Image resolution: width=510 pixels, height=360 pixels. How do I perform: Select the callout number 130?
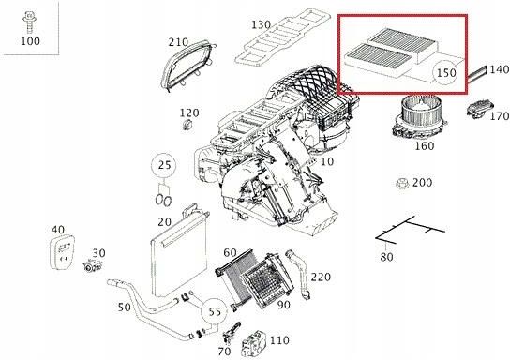coord(261,24)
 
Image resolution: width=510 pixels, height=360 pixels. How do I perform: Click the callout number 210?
coord(178,42)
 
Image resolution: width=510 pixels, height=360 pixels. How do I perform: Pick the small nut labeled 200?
coord(400,183)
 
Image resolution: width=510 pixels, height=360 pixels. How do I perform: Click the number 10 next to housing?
coord(327,162)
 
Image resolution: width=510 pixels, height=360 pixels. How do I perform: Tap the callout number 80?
coord(385,255)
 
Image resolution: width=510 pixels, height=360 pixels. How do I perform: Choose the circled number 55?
coord(214,310)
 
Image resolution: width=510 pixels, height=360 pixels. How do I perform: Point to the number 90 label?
coord(283,305)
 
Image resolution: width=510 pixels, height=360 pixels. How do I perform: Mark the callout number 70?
coord(223,351)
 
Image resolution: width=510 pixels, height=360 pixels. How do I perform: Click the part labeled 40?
coord(63,253)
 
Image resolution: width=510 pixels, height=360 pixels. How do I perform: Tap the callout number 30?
coord(99,254)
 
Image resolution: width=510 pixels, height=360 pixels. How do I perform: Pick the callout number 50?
coord(123,307)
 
